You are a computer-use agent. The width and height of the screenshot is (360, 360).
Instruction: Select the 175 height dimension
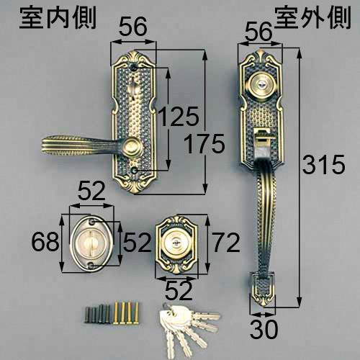[x=199, y=145]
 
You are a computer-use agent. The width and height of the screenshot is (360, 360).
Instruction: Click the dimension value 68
[x=45, y=241]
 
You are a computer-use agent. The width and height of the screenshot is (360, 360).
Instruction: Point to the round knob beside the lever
[x=131, y=148]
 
